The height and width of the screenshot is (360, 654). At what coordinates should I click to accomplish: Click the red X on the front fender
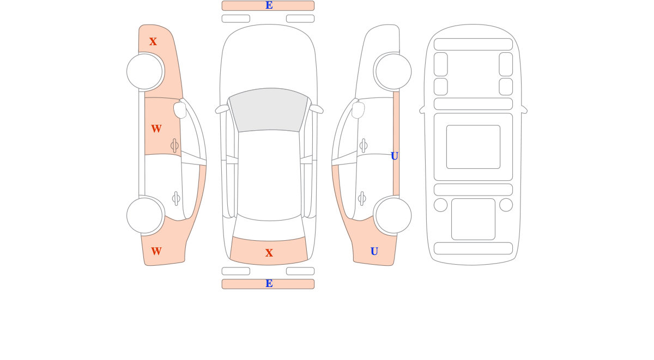(x=153, y=41)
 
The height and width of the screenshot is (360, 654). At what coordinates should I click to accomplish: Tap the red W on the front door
(x=156, y=129)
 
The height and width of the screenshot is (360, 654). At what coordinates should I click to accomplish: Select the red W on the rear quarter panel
(x=156, y=251)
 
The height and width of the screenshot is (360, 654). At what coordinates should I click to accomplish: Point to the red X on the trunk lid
(x=269, y=253)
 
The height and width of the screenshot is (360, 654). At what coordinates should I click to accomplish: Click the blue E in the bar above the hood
(x=269, y=5)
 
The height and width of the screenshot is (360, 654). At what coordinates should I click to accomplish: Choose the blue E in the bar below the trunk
(x=269, y=283)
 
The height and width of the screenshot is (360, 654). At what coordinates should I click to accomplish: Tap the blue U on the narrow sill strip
(x=395, y=156)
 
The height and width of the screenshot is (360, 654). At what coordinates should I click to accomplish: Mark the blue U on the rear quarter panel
(x=374, y=251)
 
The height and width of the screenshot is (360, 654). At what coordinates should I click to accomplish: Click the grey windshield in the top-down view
(x=269, y=109)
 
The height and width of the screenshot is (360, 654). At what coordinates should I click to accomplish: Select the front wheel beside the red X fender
(x=144, y=71)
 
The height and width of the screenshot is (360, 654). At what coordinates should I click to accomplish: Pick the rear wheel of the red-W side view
(x=144, y=216)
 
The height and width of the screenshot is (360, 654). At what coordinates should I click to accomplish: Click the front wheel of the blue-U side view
(x=393, y=71)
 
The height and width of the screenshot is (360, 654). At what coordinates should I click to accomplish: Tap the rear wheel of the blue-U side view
(x=393, y=216)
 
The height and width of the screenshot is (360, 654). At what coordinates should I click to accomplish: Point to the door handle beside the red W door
(x=174, y=145)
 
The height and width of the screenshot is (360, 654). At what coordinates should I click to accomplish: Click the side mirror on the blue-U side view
(x=358, y=110)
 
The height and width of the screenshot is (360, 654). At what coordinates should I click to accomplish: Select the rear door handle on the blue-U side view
(x=362, y=199)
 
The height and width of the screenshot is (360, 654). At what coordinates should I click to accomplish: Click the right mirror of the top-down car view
(x=317, y=109)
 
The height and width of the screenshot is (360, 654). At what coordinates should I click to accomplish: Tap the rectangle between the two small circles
(x=473, y=219)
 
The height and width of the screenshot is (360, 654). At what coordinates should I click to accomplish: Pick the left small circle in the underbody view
(x=440, y=205)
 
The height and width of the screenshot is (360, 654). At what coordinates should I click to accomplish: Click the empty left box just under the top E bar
(x=236, y=19)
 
